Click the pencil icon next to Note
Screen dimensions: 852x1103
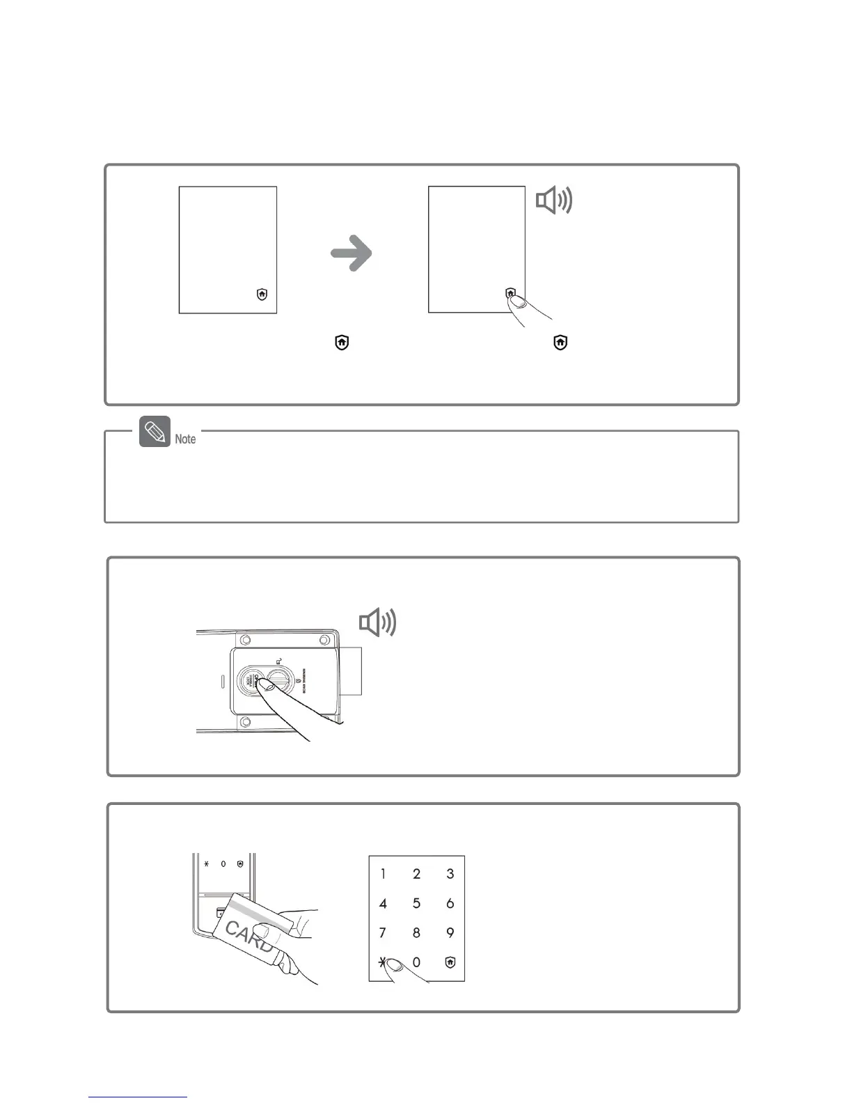click(155, 432)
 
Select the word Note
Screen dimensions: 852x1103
click(185, 439)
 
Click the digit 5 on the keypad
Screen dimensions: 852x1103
click(416, 904)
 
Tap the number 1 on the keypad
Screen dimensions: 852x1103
click(383, 874)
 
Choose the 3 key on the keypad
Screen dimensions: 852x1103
click(450, 874)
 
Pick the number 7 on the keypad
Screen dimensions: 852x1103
click(382, 933)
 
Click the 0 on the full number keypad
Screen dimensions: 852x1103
click(416, 962)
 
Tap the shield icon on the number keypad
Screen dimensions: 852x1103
click(450, 962)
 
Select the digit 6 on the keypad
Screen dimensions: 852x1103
click(450, 904)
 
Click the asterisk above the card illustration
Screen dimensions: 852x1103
click(206, 864)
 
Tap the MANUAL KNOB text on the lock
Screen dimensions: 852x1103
click(307, 679)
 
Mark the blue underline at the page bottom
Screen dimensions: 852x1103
click(138, 1097)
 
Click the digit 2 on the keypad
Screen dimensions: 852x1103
click(416, 874)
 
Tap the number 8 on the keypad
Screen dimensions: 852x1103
click(416, 933)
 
